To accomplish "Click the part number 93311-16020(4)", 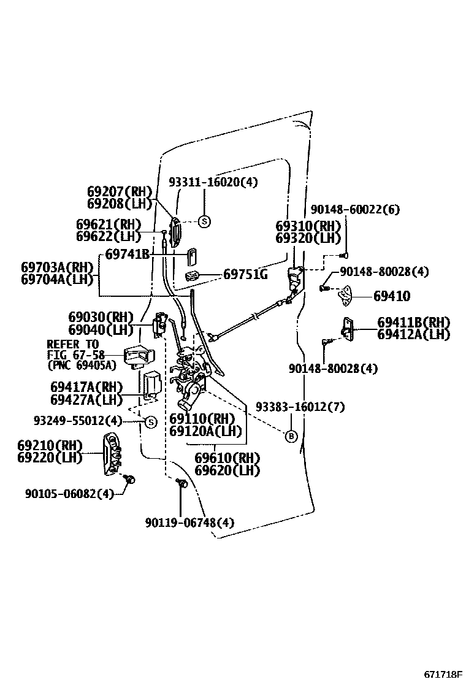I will [x=213, y=182].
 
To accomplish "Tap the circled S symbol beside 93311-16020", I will [x=204, y=221].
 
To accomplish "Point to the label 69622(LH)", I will [x=109, y=236].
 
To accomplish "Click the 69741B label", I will [x=127, y=253].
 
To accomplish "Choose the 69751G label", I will [x=245, y=274].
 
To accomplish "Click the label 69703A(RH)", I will [x=56, y=267].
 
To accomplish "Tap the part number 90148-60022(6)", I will [x=355, y=210].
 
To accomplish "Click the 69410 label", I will [x=392, y=297].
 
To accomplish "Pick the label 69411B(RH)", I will [x=413, y=323].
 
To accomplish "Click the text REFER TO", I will [x=72, y=345].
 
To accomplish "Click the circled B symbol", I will [x=291, y=436].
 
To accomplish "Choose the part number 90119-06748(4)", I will [x=189, y=523].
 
